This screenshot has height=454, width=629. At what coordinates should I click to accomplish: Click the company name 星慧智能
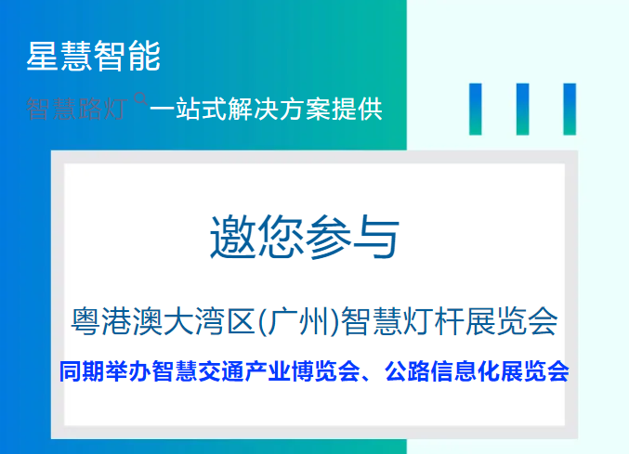[x=93, y=57]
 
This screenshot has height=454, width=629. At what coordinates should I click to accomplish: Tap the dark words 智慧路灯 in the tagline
[x=77, y=109]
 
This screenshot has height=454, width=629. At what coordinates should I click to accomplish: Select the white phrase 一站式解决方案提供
[x=266, y=109]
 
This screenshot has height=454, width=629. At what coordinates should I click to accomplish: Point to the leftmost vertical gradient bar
[x=476, y=109]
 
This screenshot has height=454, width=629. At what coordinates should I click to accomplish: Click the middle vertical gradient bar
[x=522, y=109]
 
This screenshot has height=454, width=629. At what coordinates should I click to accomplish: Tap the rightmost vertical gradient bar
[x=569, y=109]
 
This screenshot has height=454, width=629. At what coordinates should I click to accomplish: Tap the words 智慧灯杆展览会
[x=450, y=322]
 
